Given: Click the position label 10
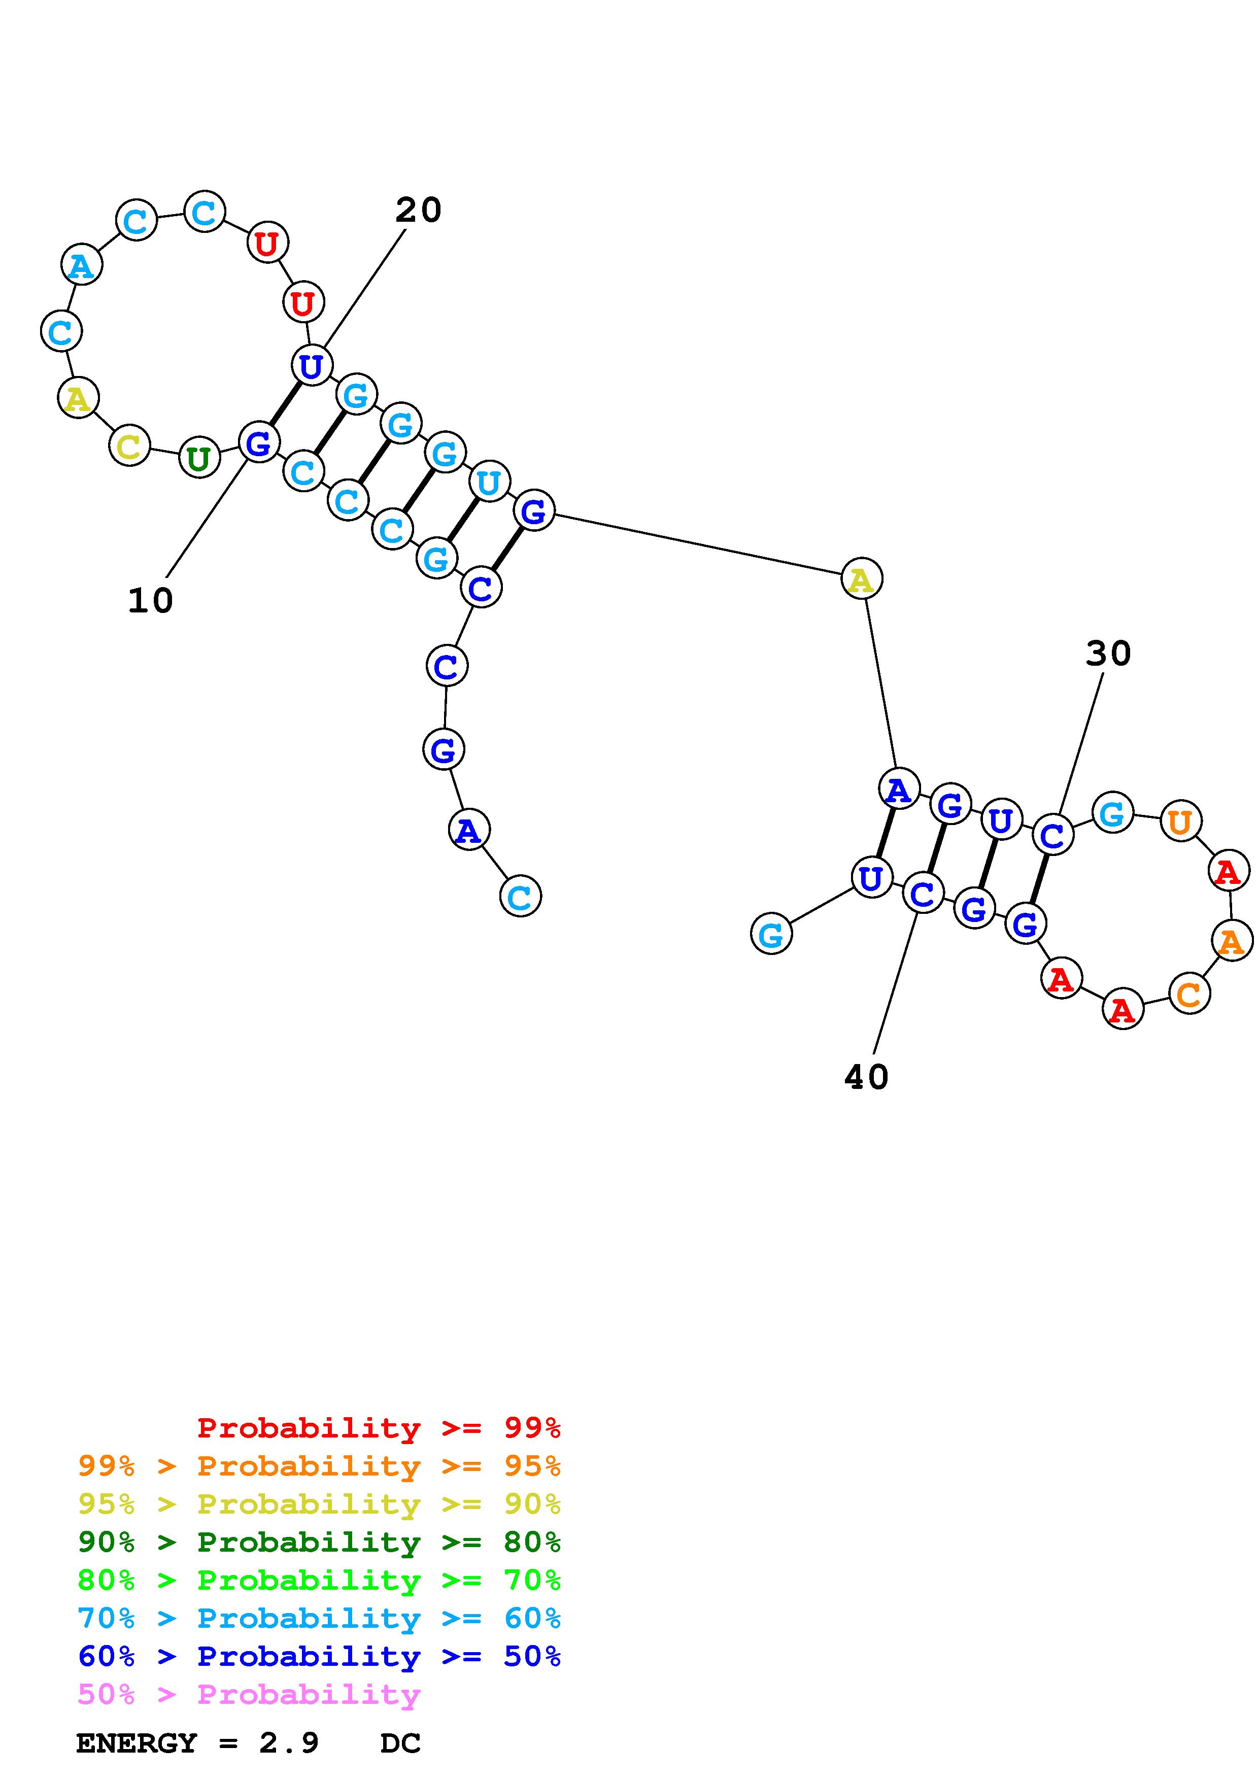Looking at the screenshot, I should [x=150, y=601].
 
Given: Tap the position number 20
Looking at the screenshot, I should [x=419, y=210].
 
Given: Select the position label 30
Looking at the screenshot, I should [x=1108, y=654].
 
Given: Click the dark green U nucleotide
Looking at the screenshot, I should [x=199, y=458].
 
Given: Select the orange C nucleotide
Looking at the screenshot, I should [x=1189, y=994].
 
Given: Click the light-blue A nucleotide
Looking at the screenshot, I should [x=81, y=265].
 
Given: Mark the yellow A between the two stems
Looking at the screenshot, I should [x=861, y=578].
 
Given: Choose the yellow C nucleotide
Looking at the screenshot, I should [x=129, y=446].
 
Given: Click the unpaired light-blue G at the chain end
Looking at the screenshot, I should [x=771, y=934].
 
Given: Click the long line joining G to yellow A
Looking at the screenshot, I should [x=698, y=545].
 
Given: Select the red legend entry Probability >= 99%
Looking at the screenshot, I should [x=378, y=1428].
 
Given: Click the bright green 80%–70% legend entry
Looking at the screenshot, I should [x=319, y=1580].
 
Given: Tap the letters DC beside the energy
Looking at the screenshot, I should [x=400, y=1743].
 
